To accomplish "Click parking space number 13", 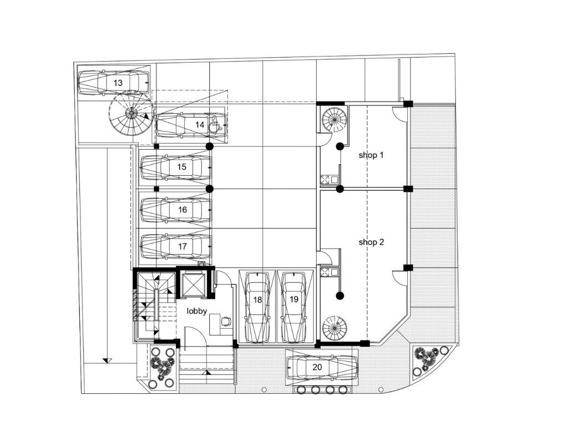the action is (x=113, y=83).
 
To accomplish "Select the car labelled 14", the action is (x=191, y=125).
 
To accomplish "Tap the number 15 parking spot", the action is (x=176, y=168).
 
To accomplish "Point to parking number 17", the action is (x=176, y=247).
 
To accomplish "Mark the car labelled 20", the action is (x=322, y=368).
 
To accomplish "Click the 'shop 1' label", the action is (x=371, y=155).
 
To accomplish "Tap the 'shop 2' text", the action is (x=371, y=242).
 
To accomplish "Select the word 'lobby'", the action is (x=197, y=311).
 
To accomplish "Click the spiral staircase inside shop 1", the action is (x=334, y=120).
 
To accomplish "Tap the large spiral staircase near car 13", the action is (x=131, y=113).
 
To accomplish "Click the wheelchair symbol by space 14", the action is (x=215, y=124).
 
